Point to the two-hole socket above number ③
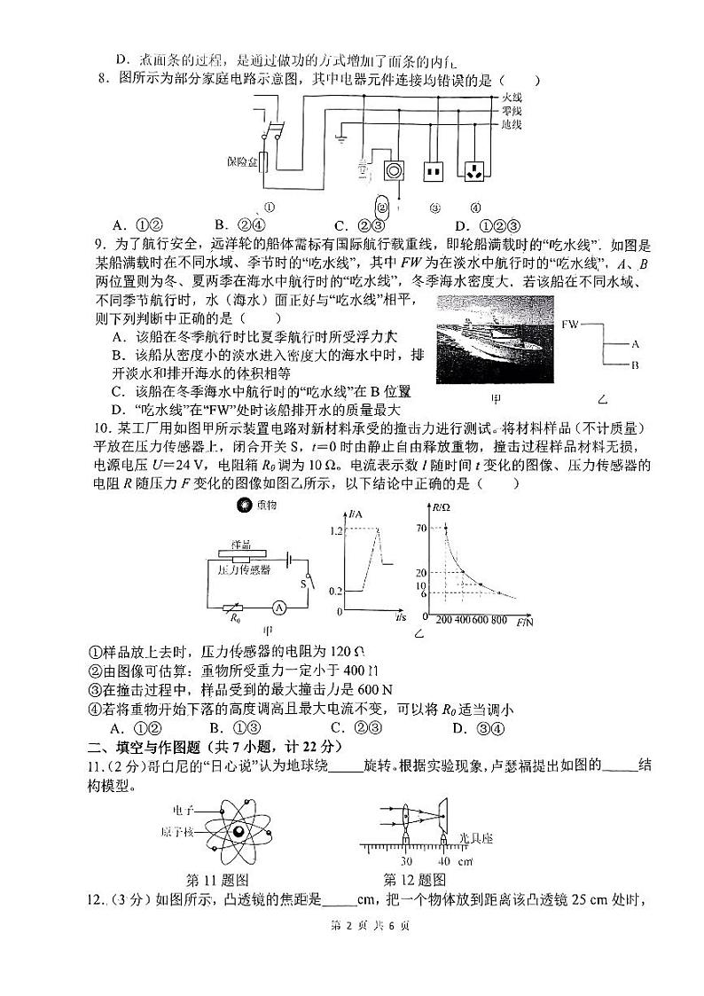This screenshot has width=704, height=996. [433, 169]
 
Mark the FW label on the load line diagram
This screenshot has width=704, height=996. [570, 325]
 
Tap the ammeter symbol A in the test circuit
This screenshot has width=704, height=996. [278, 607]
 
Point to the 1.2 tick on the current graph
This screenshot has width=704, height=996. [333, 530]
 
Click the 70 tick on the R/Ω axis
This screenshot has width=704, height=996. [420, 528]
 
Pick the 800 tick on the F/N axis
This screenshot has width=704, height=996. [498, 620]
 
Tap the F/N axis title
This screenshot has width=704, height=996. [530, 620]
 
